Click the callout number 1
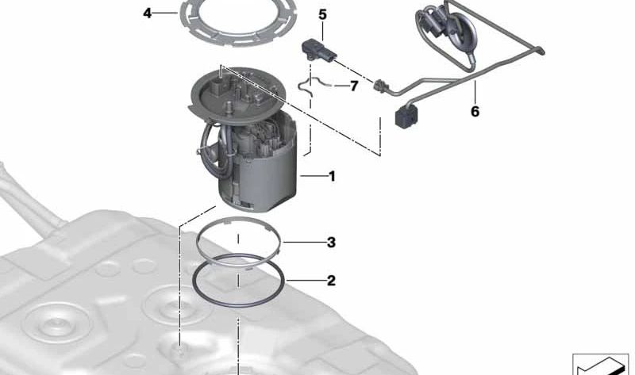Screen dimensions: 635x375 (x=332, y=176)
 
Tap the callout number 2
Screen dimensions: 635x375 (x=331, y=281)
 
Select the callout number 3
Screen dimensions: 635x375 (x=331, y=243)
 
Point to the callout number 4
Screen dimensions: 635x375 (x=148, y=13)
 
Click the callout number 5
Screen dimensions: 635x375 (x=322, y=14)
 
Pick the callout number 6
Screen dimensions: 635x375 (x=475, y=111)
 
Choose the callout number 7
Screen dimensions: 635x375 (x=354, y=86)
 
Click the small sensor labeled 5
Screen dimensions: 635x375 (x=319, y=50)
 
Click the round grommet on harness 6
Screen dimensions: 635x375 (x=463, y=33)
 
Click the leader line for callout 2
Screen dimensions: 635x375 (x=306, y=280)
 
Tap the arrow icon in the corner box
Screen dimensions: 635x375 (x=598, y=367)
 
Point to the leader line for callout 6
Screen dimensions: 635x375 (x=475, y=92)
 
